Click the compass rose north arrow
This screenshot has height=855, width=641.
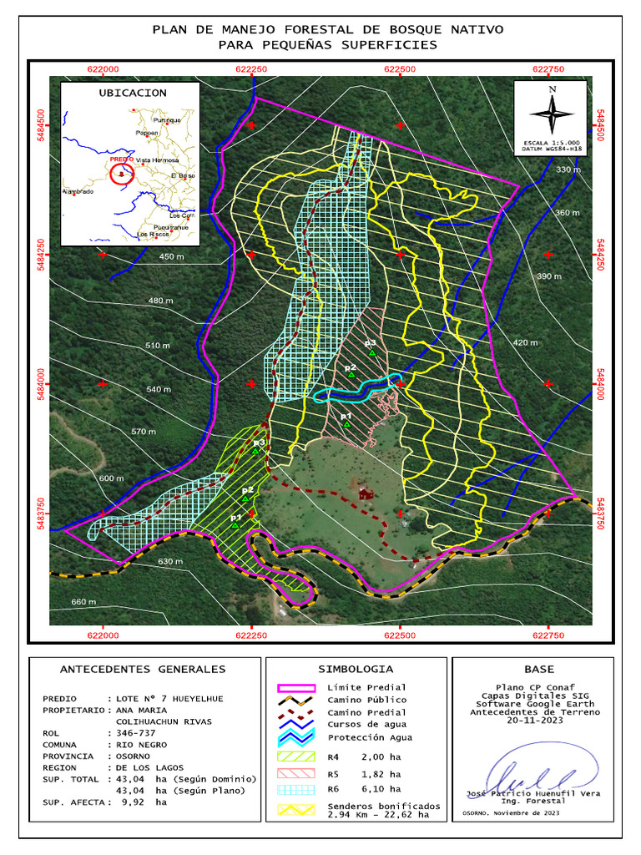click(552, 110)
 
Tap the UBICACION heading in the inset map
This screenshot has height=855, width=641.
click(132, 93)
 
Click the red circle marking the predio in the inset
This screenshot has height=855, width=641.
click(122, 175)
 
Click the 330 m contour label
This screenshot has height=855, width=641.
click(568, 169)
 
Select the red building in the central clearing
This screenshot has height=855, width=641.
click(365, 493)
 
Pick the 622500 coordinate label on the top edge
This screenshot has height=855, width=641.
click(400, 69)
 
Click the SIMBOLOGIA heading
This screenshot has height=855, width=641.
click(356, 669)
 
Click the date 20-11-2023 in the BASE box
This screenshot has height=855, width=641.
click(533, 721)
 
